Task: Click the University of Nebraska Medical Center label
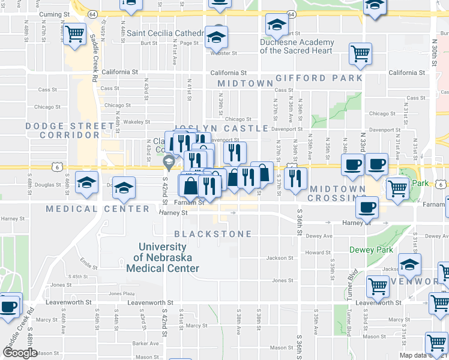(x=162, y=257)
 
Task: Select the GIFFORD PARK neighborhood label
(x=319, y=78)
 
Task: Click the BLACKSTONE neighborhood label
(x=212, y=233)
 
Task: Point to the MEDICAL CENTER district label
(x=97, y=209)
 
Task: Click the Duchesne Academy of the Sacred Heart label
(x=297, y=46)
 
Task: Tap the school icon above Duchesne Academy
(x=276, y=25)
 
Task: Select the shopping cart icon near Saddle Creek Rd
(x=75, y=34)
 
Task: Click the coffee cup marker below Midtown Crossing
(x=367, y=208)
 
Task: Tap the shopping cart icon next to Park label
(x=397, y=188)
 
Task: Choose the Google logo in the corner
(x=20, y=353)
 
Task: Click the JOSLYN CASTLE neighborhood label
(x=221, y=128)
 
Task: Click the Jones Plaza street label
(x=122, y=293)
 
